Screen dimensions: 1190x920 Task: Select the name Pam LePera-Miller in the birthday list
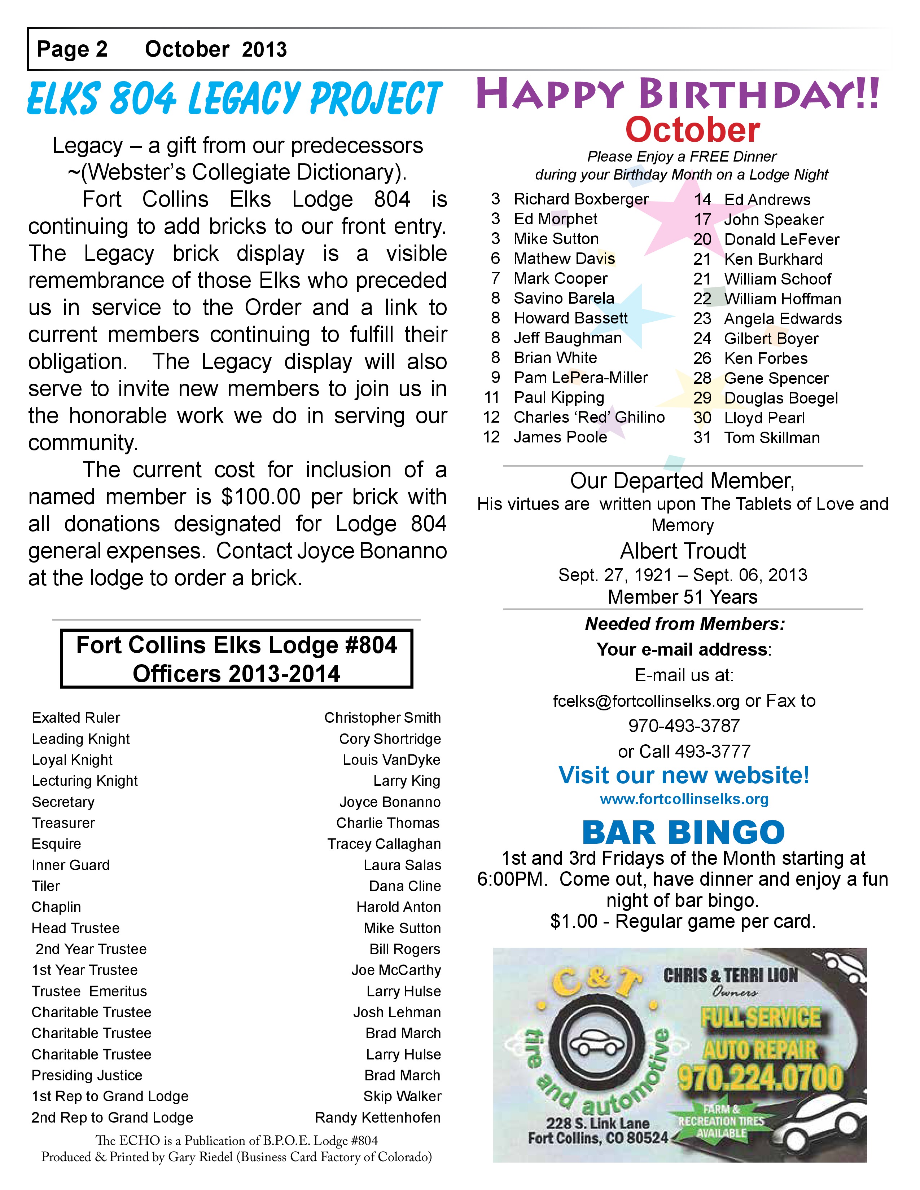pos(581,378)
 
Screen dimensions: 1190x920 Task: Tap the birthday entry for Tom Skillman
pos(771,437)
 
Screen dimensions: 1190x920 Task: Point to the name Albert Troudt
pos(682,551)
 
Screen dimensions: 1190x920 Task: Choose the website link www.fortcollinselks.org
pos(684,799)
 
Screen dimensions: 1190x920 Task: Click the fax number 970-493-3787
pos(683,726)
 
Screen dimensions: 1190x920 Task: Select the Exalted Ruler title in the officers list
pos(76,718)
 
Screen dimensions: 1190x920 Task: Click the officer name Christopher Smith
pos(382,718)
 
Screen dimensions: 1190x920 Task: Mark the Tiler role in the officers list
pos(46,886)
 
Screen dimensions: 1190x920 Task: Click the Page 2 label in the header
pos(72,50)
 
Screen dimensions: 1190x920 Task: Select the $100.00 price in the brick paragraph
pos(260,497)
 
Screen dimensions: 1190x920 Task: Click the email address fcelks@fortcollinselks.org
pos(646,701)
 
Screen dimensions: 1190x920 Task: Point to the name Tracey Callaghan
pos(384,844)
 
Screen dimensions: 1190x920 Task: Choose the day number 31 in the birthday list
pos(702,437)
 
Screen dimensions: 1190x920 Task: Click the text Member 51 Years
pos(682,597)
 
